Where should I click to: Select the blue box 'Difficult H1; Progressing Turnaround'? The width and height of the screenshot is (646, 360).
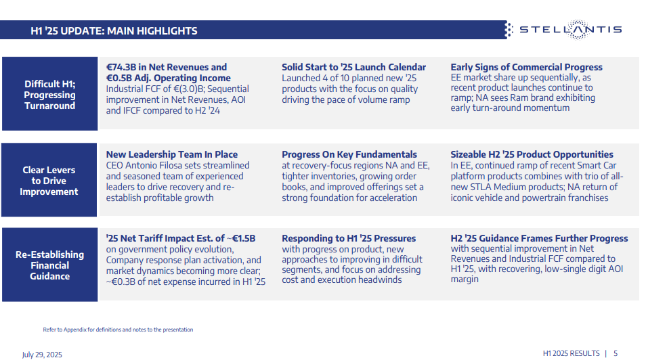(49, 95)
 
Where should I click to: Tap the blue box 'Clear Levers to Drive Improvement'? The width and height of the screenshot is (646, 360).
(49, 181)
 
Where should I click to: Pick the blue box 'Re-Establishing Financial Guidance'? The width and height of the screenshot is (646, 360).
(49, 265)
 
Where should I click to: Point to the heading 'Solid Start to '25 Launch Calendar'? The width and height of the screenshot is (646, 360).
(353, 67)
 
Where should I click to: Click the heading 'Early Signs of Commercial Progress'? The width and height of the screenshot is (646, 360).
(526, 67)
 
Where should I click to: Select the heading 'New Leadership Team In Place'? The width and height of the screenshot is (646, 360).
(172, 154)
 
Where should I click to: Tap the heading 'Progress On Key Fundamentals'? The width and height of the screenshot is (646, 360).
(349, 154)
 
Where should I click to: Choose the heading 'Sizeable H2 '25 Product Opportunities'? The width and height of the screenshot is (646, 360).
(532, 154)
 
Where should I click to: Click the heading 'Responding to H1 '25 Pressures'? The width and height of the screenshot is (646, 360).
(349, 238)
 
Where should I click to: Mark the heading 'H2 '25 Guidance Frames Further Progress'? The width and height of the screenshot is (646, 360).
(539, 238)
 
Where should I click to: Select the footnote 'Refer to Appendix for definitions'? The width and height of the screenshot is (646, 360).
(118, 330)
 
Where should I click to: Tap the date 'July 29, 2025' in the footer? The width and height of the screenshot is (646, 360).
(42, 354)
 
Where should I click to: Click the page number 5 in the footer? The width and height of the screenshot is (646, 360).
(616, 353)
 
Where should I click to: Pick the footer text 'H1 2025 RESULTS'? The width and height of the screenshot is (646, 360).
(571, 353)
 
